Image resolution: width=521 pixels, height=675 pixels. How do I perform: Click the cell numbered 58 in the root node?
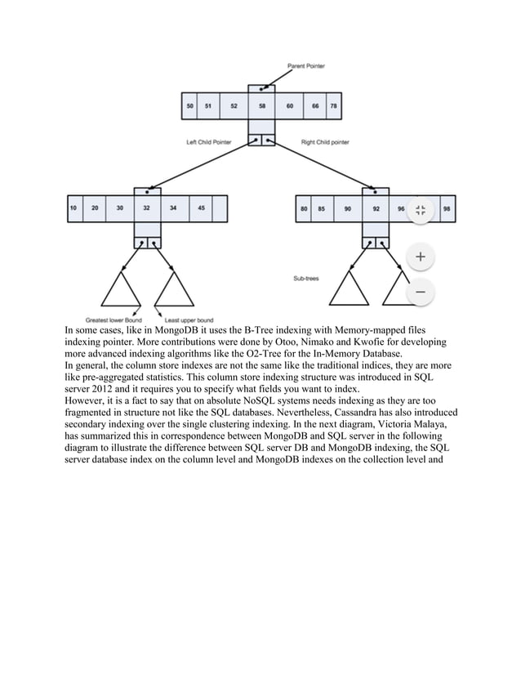[x=261, y=106]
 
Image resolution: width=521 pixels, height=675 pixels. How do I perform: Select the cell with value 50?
[x=190, y=106]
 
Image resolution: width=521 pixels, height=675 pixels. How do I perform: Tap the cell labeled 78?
[x=333, y=106]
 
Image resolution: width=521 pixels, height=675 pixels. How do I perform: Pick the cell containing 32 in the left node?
[x=147, y=208]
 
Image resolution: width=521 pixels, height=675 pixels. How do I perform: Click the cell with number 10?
[x=73, y=208]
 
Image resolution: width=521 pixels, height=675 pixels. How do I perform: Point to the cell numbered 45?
[x=201, y=208]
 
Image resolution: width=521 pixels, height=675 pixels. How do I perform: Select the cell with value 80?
[x=304, y=208]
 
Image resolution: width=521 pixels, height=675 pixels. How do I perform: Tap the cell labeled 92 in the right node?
[x=376, y=208]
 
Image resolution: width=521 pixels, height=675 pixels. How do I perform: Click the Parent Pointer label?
[x=305, y=66]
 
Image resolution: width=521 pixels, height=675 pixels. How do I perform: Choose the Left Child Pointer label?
[x=208, y=142]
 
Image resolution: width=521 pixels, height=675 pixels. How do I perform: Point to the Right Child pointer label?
[x=325, y=142]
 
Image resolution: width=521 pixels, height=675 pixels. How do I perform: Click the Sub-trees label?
[x=306, y=279]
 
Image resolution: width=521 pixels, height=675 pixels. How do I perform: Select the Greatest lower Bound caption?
[x=114, y=319]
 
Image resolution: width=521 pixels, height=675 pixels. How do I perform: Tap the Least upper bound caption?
[x=189, y=319]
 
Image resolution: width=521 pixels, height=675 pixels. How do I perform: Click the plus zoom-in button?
[x=420, y=257]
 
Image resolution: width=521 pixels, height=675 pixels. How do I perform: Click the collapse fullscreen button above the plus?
[x=420, y=211]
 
